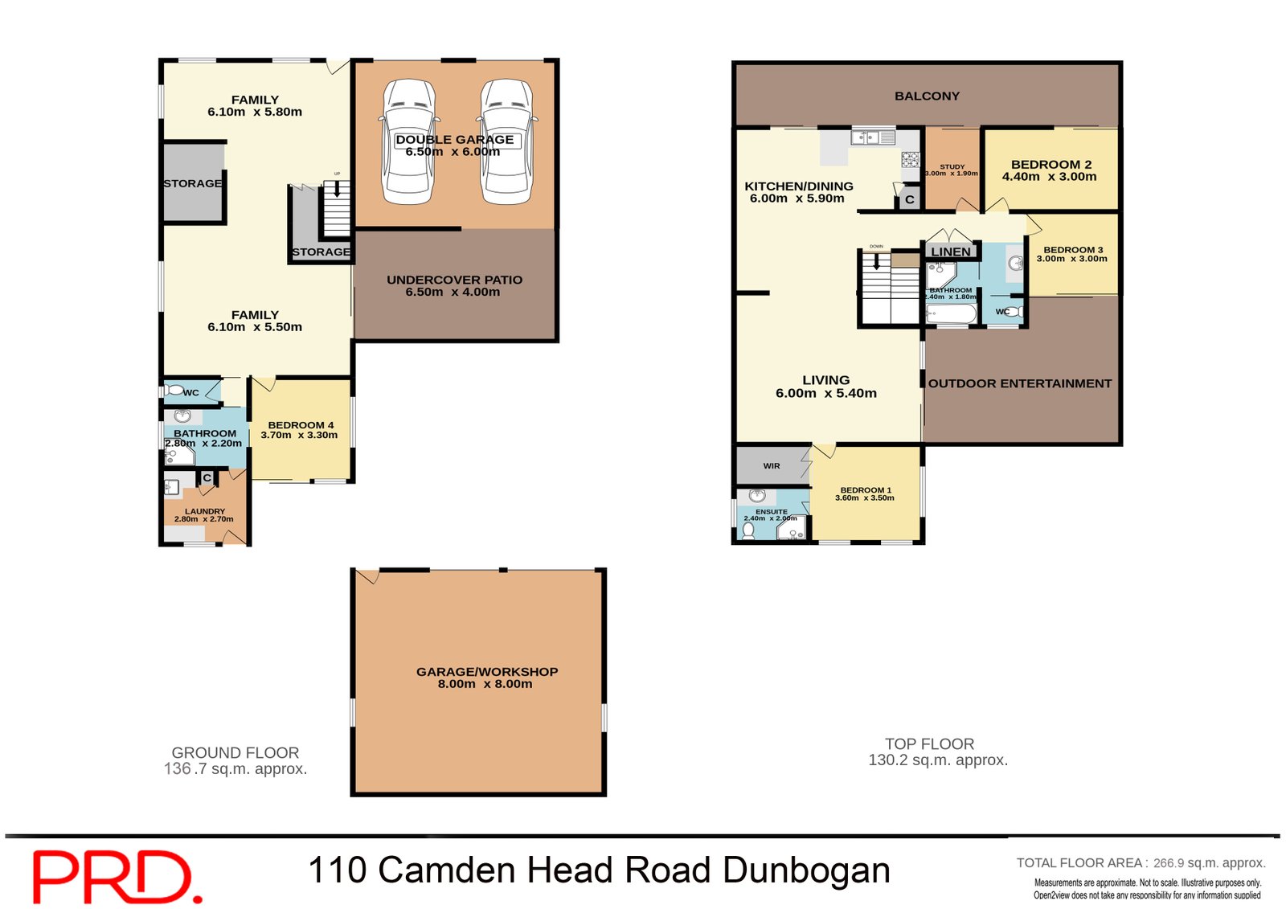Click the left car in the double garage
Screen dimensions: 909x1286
pos(409,142)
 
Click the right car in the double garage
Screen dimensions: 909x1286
pos(507,142)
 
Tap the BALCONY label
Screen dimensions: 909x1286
pos(927,96)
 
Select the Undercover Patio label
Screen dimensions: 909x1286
pos(454,280)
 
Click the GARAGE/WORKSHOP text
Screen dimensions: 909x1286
pos(486,672)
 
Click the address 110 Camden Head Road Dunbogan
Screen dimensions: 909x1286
pos(599,870)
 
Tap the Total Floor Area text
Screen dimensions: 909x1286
pos(1141,863)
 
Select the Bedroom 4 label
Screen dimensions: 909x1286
pos(301,425)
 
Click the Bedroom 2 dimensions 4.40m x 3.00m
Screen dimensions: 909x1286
pos(1049,177)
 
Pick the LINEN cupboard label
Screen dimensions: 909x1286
pos(951,252)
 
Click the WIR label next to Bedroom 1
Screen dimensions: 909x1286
pos(772,466)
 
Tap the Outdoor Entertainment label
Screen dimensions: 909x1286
pos(1020,383)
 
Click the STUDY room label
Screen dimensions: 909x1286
pos(952,166)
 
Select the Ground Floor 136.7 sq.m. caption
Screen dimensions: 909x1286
pos(235,760)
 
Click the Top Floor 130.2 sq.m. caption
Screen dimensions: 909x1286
pos(937,751)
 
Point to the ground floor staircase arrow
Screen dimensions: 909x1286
pos(337,190)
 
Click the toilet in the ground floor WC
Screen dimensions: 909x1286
pos(174,391)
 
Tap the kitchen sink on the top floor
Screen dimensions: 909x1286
pos(867,138)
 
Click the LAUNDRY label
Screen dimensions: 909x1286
pos(205,511)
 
